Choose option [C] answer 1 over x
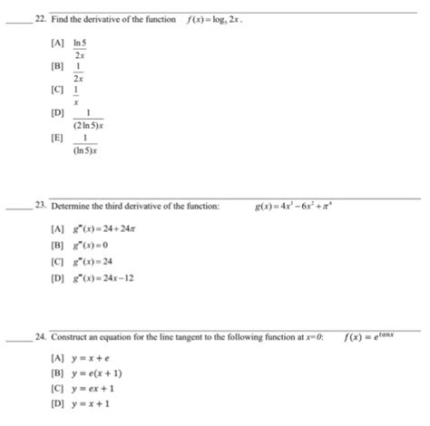pyautogui.click(x=79, y=96)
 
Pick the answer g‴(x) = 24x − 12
pyautogui.click(x=93, y=276)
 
